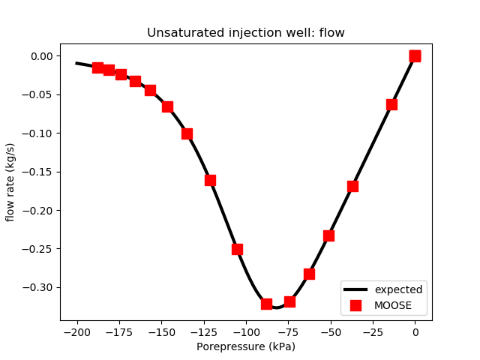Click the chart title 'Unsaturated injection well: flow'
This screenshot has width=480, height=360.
245,33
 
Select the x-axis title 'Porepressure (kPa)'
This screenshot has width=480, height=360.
245,346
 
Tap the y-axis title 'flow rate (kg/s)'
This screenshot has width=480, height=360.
10,180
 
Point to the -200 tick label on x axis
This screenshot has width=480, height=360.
77,331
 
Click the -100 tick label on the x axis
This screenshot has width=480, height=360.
246,331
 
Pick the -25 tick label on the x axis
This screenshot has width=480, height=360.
373,331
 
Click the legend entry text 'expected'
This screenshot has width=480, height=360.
398,289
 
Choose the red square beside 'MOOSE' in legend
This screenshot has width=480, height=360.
355,305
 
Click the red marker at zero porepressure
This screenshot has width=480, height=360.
415,56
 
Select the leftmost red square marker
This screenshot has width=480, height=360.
97,67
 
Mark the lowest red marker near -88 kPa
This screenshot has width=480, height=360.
266,304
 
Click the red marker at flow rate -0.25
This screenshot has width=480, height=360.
237,249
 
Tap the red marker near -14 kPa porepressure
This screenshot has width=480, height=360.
391,104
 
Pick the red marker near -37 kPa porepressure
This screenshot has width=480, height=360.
352,186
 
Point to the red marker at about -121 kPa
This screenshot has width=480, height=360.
210,180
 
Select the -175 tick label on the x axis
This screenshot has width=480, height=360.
119,331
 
